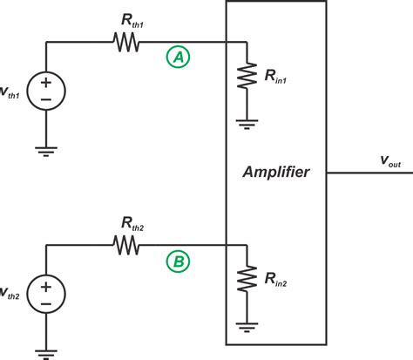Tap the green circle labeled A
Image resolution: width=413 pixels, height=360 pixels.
pos(178,58)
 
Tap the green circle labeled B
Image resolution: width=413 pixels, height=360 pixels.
pos(178,261)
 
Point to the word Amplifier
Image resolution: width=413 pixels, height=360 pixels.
pos(288,173)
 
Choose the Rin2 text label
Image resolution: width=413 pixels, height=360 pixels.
pos(281,283)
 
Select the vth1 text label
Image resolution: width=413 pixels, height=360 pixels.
pos(8,92)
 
